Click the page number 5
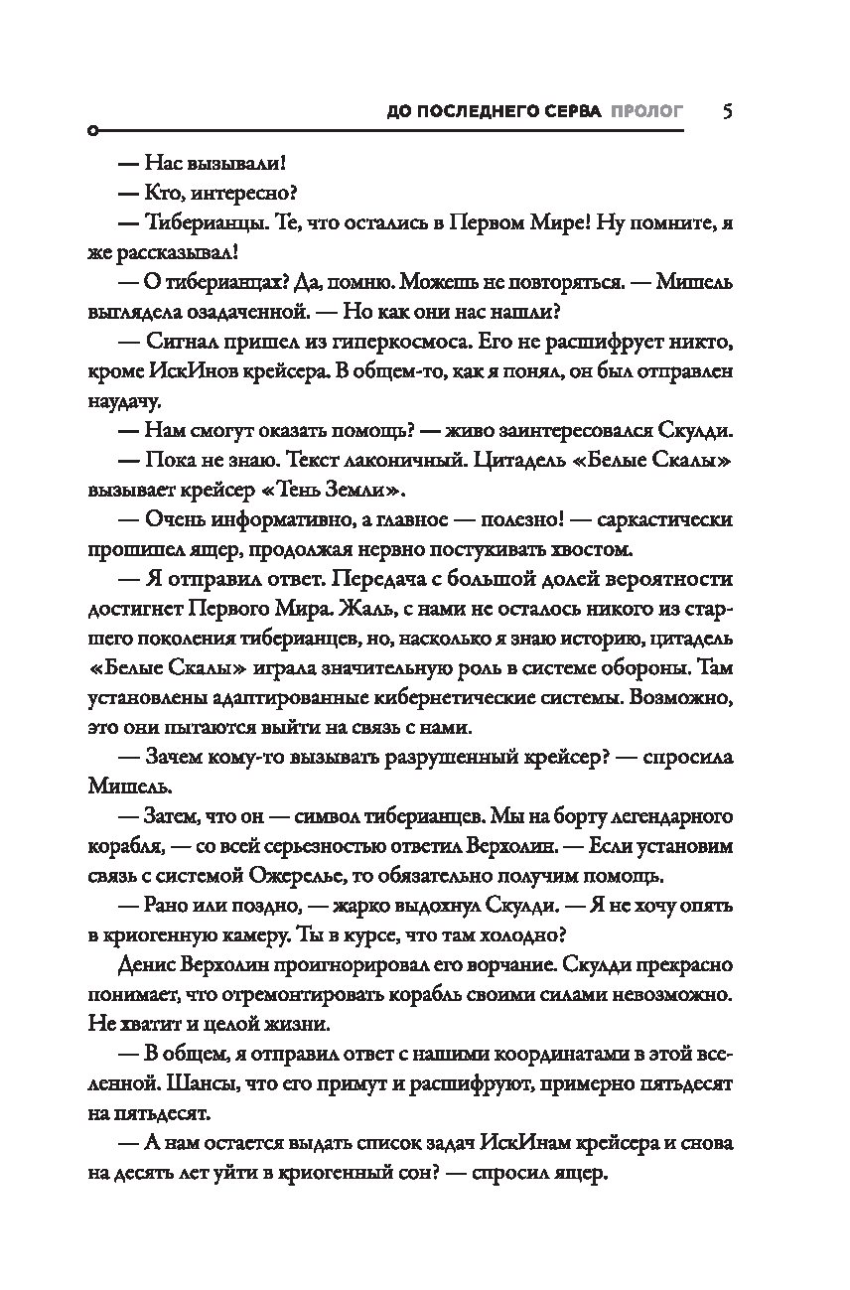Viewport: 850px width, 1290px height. [x=728, y=110]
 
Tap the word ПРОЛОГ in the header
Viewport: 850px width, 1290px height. [x=647, y=111]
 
